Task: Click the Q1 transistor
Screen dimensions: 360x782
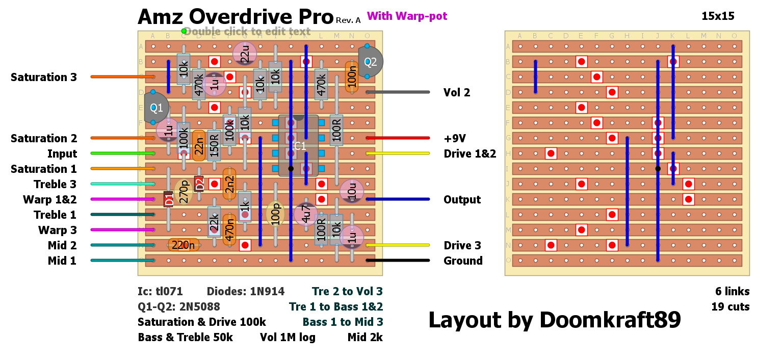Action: tap(155, 108)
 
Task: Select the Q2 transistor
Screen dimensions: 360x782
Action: tap(370, 62)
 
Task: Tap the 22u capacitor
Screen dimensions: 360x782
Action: tap(245, 54)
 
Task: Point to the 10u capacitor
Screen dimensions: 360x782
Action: tap(352, 191)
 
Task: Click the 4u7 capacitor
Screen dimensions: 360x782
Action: tap(306, 215)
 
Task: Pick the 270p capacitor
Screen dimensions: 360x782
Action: tap(184, 192)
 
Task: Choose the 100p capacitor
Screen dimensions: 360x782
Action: tap(275, 214)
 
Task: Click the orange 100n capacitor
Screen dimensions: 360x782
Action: tap(352, 77)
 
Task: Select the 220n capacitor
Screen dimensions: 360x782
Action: tap(184, 245)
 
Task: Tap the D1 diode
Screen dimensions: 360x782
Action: tap(168, 199)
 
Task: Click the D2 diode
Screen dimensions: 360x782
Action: tap(199, 184)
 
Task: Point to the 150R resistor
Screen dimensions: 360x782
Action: tap(214, 145)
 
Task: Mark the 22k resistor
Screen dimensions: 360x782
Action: tap(214, 222)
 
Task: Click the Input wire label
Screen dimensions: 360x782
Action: tap(62, 153)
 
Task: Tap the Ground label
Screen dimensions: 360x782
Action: tap(463, 261)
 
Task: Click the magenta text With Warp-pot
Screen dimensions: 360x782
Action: tap(407, 16)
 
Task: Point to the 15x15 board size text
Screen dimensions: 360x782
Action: tap(718, 16)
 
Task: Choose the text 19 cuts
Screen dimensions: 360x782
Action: tap(731, 307)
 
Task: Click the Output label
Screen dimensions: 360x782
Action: tap(462, 199)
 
